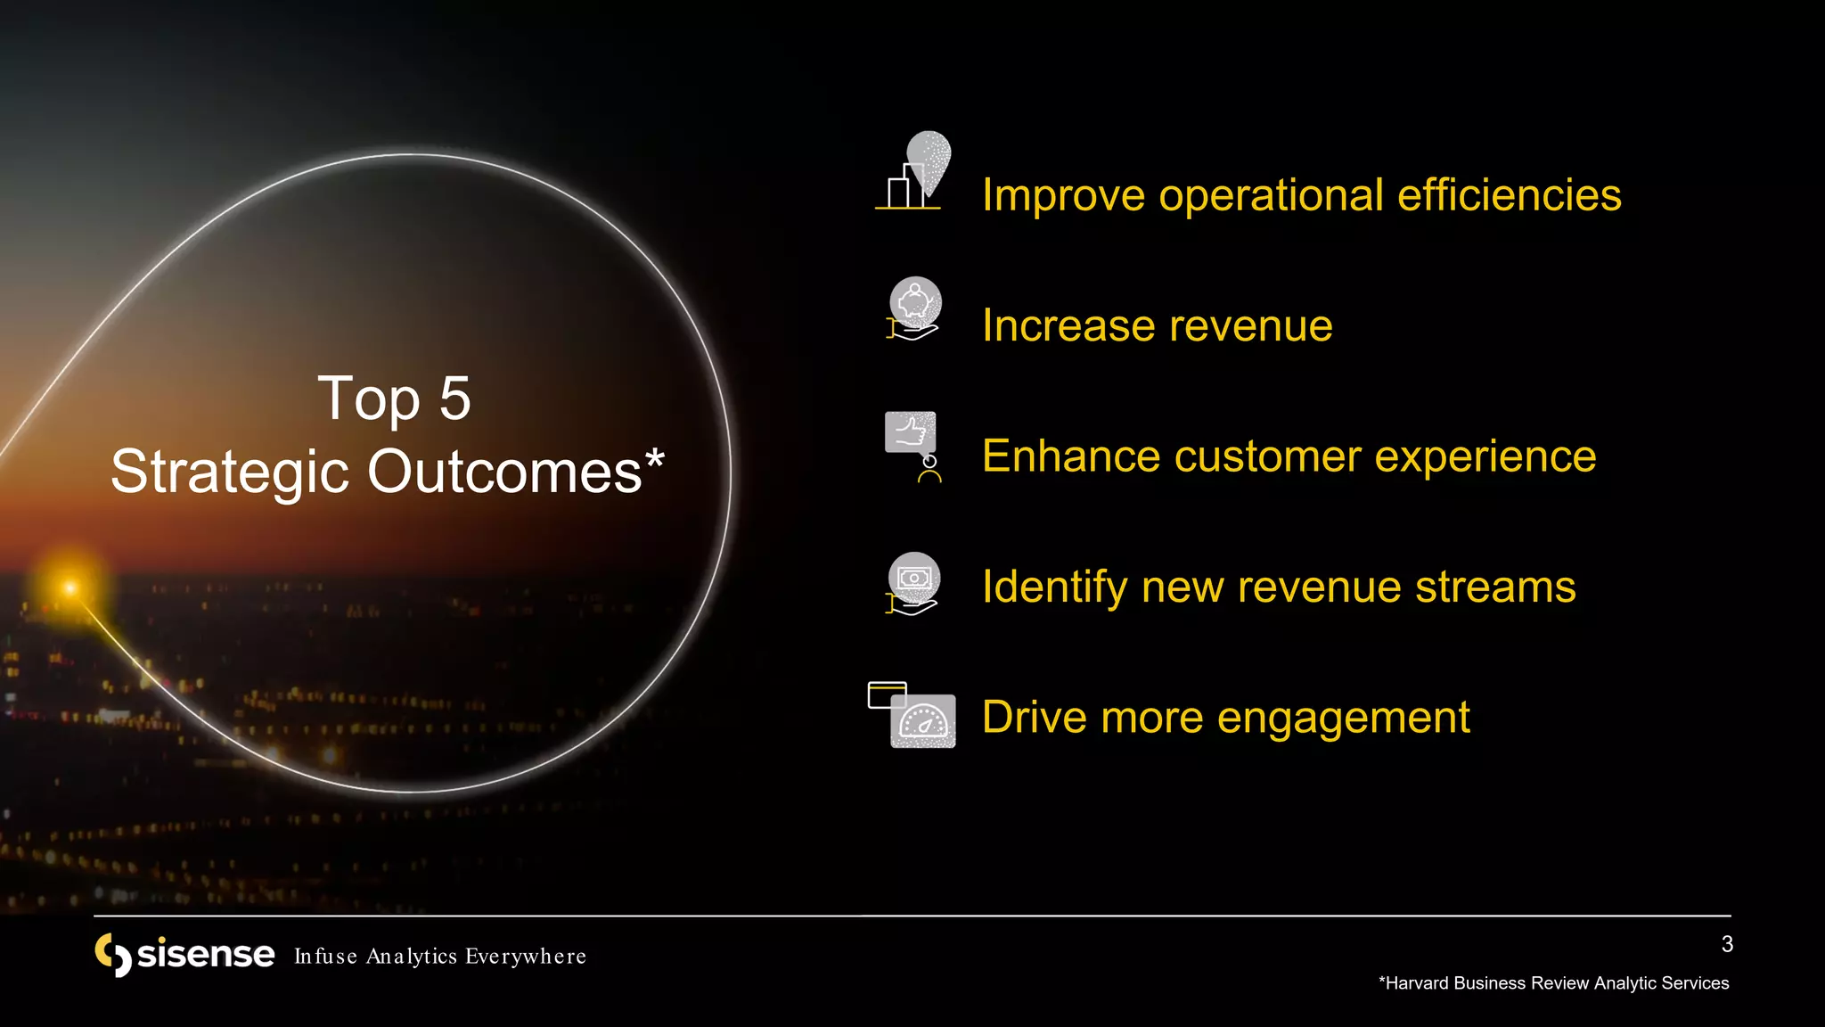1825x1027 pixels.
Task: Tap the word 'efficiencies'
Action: click(x=1509, y=195)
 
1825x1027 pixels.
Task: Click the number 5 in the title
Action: click(x=455, y=398)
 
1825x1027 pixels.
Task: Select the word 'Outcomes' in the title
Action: click(x=504, y=472)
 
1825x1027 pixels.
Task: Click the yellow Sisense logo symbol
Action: click(x=113, y=955)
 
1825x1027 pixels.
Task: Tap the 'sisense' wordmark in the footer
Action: click(x=206, y=954)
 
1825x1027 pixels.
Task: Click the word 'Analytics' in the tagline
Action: click(x=412, y=957)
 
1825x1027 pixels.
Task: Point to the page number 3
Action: click(x=1727, y=944)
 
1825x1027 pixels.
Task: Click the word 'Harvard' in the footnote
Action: click(x=1418, y=983)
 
